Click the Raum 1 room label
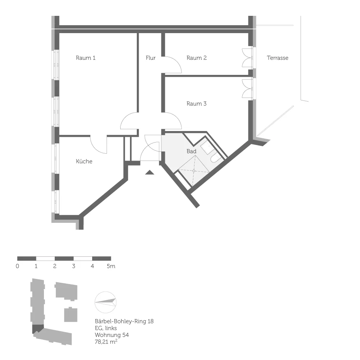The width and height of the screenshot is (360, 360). coord(85,58)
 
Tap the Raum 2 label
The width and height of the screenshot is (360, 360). coord(197,58)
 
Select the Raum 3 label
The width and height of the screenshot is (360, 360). coord(197,104)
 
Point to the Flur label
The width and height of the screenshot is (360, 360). coord(150,58)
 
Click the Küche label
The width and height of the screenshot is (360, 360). coord(84,161)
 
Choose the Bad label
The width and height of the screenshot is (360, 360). coord(192,151)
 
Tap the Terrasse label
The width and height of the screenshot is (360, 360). coord(278,58)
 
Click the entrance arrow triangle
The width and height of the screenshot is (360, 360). coord(150,172)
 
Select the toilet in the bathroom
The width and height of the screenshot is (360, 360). coord(215,158)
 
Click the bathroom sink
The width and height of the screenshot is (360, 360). coord(207,147)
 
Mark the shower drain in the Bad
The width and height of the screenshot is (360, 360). coord(194,171)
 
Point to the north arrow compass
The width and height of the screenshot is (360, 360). coord(105,302)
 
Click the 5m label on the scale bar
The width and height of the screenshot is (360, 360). coord(111,266)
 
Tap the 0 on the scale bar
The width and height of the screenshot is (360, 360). coord(17,266)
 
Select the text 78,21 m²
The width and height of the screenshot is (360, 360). coord(106,342)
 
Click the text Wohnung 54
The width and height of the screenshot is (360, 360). coord(112,335)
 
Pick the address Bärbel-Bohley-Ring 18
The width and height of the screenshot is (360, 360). coord(124,321)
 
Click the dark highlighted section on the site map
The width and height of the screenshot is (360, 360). coord(37,329)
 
